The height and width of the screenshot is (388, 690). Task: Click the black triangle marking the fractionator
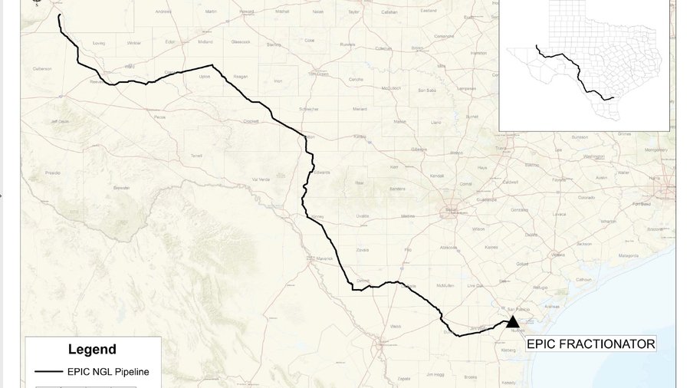pyautogui.click(x=512, y=322)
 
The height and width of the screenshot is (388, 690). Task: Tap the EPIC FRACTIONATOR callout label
pyautogui.click(x=590, y=344)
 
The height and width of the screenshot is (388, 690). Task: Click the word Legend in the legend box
pyautogui.click(x=92, y=350)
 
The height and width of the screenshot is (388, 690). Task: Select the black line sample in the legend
pyautogui.click(x=48, y=372)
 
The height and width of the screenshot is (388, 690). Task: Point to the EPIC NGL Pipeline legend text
pyautogui.click(x=108, y=372)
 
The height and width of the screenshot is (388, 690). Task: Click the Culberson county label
pyautogui.click(x=42, y=69)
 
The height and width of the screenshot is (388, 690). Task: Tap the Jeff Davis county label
pyautogui.click(x=60, y=121)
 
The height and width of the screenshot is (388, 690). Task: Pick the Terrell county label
pyautogui.click(x=196, y=155)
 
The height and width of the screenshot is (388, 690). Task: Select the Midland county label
pyautogui.click(x=205, y=42)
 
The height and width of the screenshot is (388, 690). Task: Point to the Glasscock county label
pyautogui.click(x=241, y=42)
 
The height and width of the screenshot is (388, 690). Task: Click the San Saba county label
pyautogui.click(x=427, y=90)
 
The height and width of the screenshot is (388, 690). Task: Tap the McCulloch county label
pyautogui.click(x=391, y=88)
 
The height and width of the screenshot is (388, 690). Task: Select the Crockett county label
pyautogui.click(x=251, y=121)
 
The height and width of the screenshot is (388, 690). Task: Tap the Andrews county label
pyautogui.click(x=163, y=12)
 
